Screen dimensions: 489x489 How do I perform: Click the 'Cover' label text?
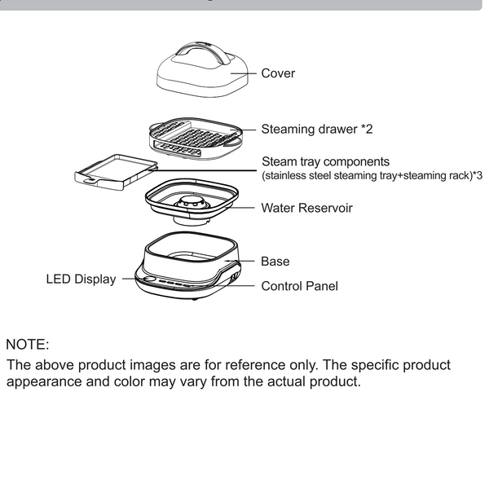pos(278,73)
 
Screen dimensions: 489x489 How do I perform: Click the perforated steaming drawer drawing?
pos(194,139)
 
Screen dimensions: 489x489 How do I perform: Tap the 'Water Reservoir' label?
pos(306,208)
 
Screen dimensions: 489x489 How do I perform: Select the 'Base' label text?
pos(275,262)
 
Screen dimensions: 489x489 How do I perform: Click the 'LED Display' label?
pos(80,280)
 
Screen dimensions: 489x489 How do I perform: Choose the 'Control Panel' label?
pos(299,286)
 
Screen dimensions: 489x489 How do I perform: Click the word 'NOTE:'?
pos(28,345)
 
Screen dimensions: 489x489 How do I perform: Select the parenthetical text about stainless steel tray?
pos(371,176)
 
